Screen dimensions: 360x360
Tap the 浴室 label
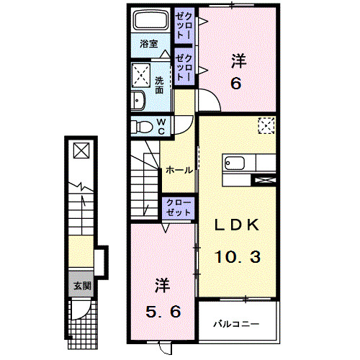point(148,44)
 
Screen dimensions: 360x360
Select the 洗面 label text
point(158,85)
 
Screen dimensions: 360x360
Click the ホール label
point(179,171)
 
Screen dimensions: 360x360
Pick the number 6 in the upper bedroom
point(235,83)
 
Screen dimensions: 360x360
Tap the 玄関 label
point(81,286)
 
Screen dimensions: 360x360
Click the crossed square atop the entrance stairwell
point(80,150)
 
